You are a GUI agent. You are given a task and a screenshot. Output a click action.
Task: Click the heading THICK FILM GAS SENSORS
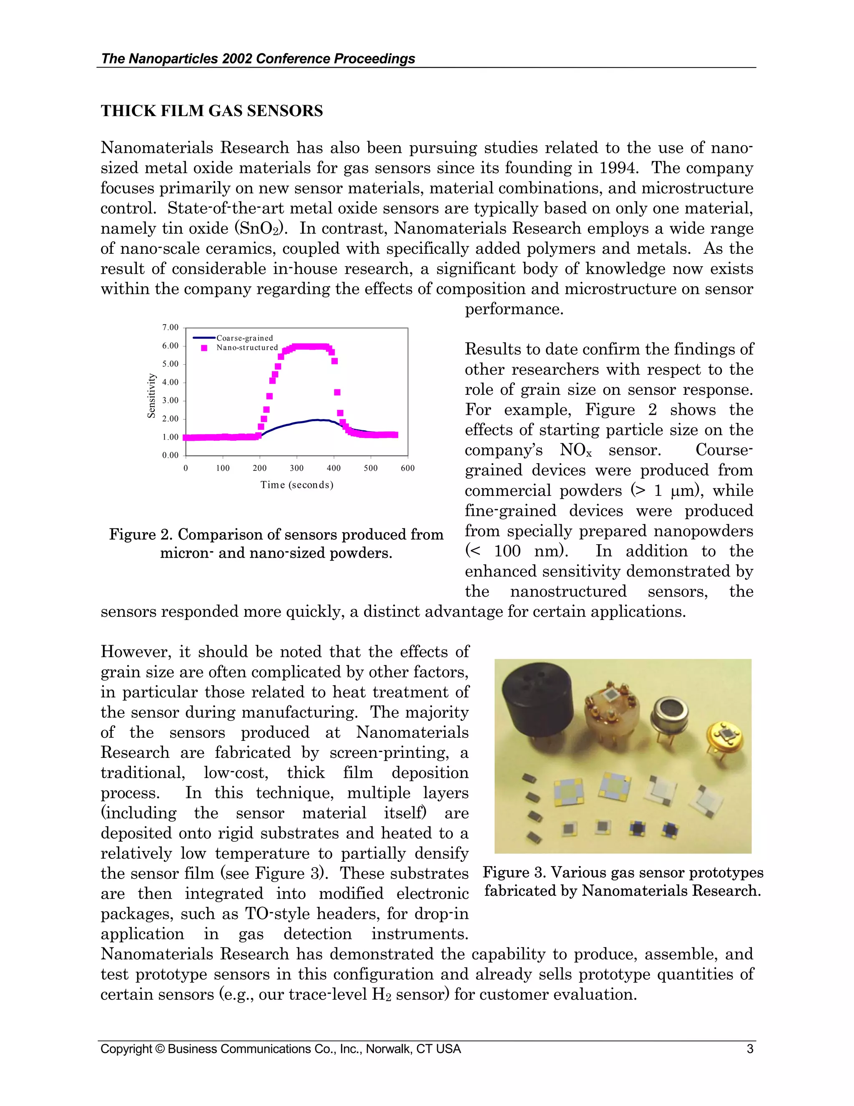pyautogui.click(x=211, y=111)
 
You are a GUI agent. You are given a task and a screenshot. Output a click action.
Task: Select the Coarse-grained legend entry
pyautogui.click(x=244, y=338)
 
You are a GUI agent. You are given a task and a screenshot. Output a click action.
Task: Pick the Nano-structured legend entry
pyautogui.click(x=247, y=347)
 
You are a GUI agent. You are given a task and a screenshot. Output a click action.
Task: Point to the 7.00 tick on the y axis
pyautogui.click(x=171, y=328)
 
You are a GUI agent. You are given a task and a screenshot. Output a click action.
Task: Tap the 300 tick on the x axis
pyautogui.click(x=296, y=468)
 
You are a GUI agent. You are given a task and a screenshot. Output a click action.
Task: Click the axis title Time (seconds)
pyautogui.click(x=296, y=485)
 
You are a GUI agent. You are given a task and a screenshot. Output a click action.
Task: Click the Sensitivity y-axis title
pyautogui.click(x=151, y=396)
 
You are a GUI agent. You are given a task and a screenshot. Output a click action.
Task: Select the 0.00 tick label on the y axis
pyautogui.click(x=171, y=455)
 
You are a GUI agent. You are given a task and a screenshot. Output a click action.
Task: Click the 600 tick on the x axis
pyautogui.click(x=407, y=468)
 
